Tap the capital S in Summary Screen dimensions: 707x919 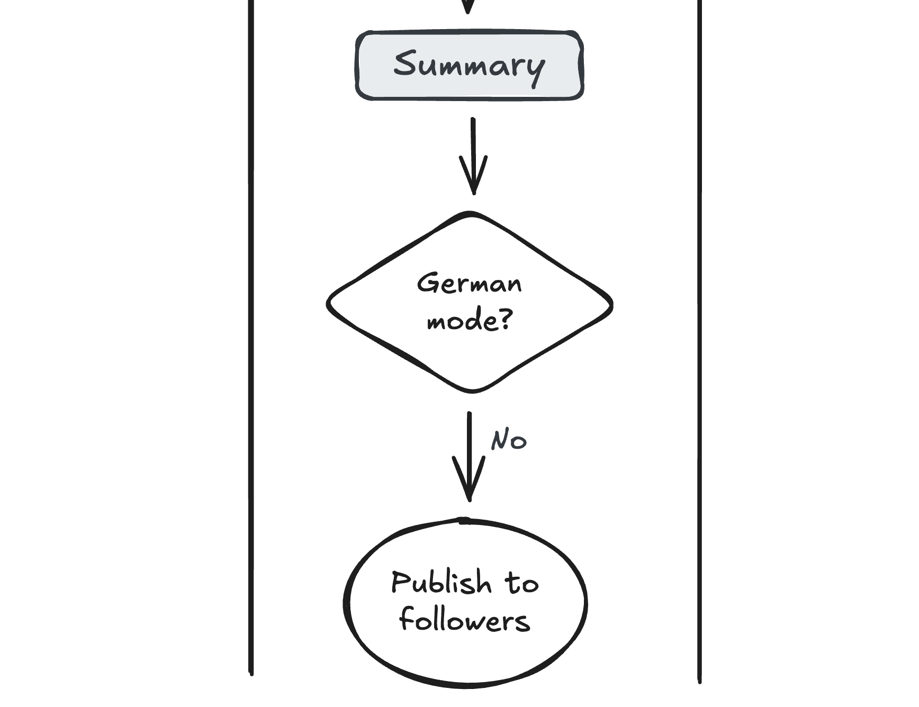(x=406, y=63)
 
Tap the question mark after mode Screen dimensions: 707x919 (x=506, y=319)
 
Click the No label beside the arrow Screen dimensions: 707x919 (x=508, y=440)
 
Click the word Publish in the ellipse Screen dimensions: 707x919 (x=441, y=583)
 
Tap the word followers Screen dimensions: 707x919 (x=464, y=620)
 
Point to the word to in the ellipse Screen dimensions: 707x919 (x=521, y=583)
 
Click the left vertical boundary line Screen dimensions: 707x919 (x=251, y=339)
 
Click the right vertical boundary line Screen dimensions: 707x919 (x=699, y=339)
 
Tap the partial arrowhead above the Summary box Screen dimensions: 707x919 (x=468, y=6)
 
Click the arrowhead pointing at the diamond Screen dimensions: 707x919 (x=473, y=180)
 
